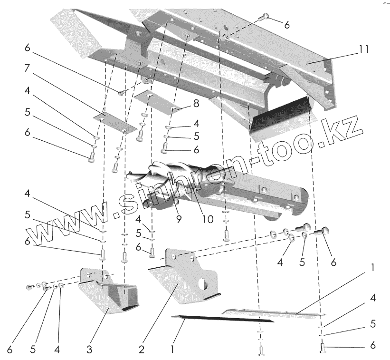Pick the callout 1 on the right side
click(x=373, y=268)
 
